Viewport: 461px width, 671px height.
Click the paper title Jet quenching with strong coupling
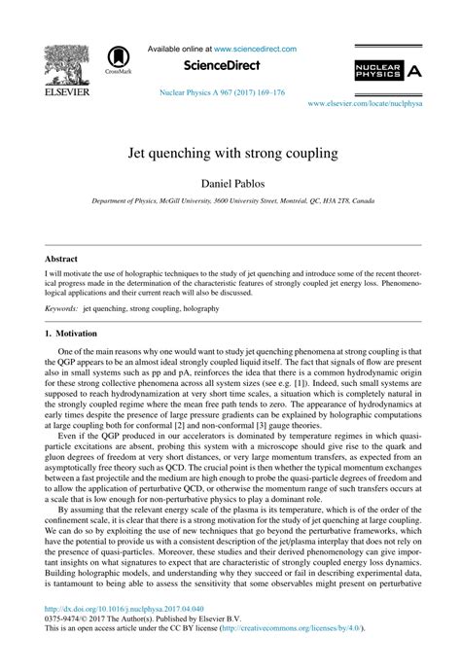230,154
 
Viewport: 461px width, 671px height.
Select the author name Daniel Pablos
230,183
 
